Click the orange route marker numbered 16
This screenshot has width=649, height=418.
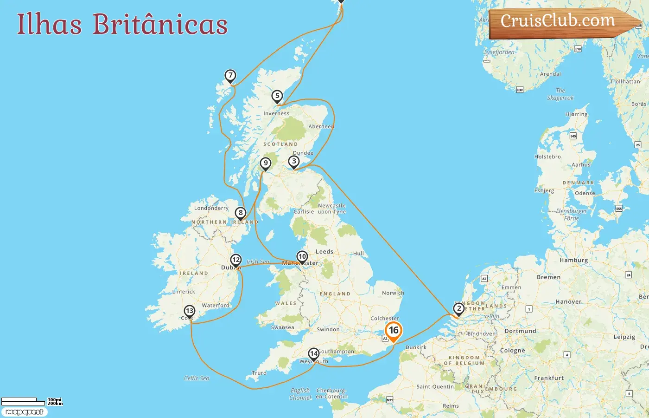click(394, 331)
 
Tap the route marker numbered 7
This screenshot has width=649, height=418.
click(230, 75)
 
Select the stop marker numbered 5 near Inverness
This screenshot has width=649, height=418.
click(277, 96)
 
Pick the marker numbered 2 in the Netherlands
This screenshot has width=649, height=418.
click(459, 308)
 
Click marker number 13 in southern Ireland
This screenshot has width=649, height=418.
click(190, 311)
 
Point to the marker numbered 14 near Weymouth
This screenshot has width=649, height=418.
click(314, 354)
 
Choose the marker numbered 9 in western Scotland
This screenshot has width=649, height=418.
click(265, 163)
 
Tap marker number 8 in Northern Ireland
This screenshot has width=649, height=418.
click(240, 213)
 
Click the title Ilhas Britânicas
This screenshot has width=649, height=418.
click(122, 24)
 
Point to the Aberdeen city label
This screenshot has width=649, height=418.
click(321, 126)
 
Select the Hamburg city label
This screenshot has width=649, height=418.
click(573, 260)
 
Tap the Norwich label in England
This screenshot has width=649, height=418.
click(393, 293)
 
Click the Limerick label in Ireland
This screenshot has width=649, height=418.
click(184, 292)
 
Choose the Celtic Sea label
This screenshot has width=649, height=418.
click(197, 379)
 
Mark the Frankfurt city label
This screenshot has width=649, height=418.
click(549, 378)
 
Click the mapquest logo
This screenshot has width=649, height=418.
click(24, 412)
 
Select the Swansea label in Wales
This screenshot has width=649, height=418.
click(282, 327)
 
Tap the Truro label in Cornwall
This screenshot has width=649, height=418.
click(259, 373)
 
